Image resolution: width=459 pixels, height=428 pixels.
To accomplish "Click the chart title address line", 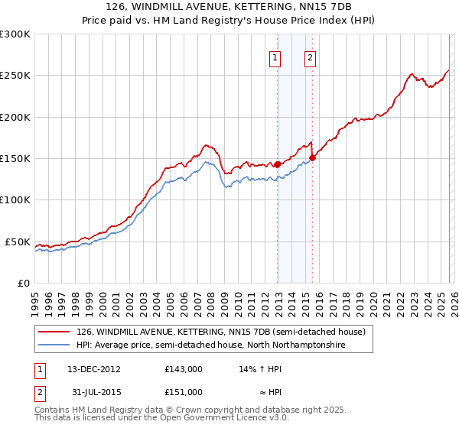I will [x=229, y=7].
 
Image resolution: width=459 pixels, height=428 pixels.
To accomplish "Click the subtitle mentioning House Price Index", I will [x=229, y=20].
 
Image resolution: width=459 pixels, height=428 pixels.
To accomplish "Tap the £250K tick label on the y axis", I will [x=15, y=76].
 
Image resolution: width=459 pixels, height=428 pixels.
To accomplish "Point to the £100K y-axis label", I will [x=15, y=199].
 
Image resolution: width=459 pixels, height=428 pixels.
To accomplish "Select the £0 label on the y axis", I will [x=23, y=283].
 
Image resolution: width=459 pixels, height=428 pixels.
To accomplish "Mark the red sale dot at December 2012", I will [x=277, y=164].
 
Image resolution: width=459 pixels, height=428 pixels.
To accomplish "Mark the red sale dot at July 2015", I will [x=312, y=158].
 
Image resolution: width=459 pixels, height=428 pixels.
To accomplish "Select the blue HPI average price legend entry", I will [x=211, y=345].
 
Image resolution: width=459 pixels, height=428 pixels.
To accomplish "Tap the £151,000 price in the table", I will [x=183, y=391].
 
